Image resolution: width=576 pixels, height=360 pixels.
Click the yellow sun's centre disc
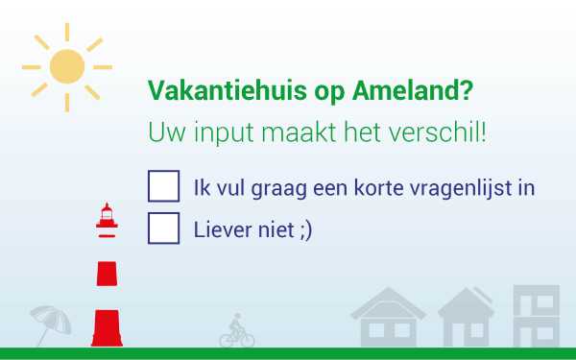pos(67,65)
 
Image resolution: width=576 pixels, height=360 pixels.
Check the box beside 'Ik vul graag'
pos(163,186)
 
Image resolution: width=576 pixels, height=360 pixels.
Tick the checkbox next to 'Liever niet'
pos(163,228)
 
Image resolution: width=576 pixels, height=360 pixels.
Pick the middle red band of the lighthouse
pos(107,273)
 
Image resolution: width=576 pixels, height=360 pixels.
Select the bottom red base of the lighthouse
pos(107,327)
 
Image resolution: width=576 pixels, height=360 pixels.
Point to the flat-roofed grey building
pos(535,316)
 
